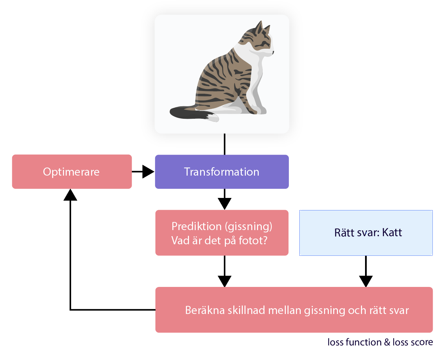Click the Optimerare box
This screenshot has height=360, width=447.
click(x=71, y=172)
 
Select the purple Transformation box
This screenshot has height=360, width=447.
click(x=221, y=172)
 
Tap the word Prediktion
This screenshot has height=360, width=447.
click(x=196, y=226)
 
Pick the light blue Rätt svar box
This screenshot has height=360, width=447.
click(x=366, y=233)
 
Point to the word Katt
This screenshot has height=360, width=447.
click(x=392, y=233)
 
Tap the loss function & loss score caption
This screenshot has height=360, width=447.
click(x=380, y=342)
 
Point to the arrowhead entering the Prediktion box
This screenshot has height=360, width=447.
click(x=225, y=204)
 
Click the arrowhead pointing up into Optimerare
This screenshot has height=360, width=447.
click(x=70, y=195)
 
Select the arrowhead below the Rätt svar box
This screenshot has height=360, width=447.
click(x=366, y=281)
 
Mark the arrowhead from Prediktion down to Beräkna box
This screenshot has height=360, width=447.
click(x=225, y=281)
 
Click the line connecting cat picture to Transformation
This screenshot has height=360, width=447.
click(x=225, y=144)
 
